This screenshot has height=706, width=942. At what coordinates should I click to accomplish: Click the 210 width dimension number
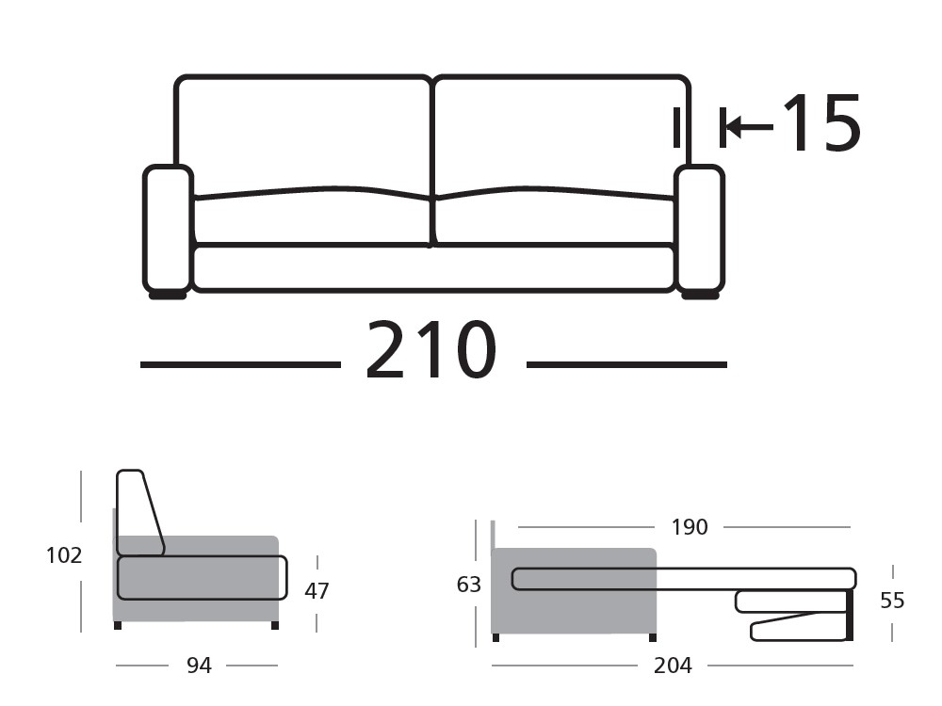tap(430, 351)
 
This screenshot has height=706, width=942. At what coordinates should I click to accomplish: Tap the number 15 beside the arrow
tap(821, 123)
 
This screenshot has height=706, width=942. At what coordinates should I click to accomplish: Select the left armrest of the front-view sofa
tap(168, 228)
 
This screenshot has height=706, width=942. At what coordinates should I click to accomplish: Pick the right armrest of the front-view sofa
tap(699, 228)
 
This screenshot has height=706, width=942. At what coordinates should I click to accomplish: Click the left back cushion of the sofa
tap(303, 132)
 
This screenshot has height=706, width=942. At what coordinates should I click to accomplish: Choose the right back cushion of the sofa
tap(560, 132)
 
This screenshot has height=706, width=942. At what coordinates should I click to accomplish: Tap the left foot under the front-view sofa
tap(168, 296)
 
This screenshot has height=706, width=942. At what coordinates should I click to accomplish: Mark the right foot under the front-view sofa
tap(700, 296)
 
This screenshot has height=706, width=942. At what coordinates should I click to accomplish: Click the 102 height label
tap(64, 555)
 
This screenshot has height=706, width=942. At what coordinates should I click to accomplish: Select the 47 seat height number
tap(317, 591)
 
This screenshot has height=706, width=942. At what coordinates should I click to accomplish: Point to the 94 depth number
tap(199, 666)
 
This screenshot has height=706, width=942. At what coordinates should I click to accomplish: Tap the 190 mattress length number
tap(690, 527)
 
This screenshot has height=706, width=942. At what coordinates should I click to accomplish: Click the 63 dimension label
tap(469, 585)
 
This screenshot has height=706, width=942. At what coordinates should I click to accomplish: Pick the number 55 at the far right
tap(891, 600)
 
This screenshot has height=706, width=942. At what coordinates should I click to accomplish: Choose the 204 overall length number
tap(673, 666)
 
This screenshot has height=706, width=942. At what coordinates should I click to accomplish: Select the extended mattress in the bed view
tap(683, 579)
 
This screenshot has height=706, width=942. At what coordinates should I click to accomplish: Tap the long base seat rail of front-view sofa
tap(433, 267)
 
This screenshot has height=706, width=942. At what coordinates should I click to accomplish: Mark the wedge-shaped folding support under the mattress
tap(796, 627)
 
